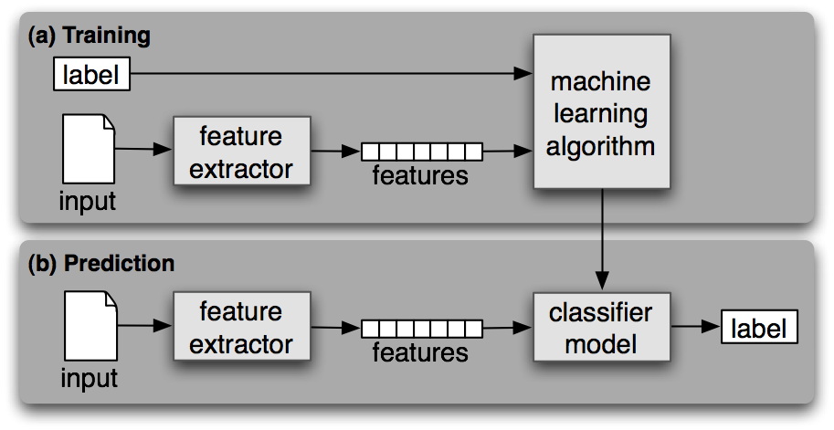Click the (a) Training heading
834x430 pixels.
pos(90,37)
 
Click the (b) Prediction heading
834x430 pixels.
pos(101,264)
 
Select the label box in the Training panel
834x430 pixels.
pos(92,74)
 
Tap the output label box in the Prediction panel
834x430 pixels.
pos(759,328)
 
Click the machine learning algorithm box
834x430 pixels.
pos(600,112)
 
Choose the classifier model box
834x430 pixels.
pos(600,329)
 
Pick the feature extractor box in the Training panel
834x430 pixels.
pos(240,152)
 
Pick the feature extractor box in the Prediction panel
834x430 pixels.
pos(240,329)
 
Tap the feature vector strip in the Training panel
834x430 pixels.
pos(421,152)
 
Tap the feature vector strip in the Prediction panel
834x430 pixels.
pos(421,329)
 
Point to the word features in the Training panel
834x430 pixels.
pos(420,175)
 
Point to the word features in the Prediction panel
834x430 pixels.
pos(420,352)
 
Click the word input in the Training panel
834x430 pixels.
pos(88,201)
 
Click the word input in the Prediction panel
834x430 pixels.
pos(89,376)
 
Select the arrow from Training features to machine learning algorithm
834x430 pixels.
pos(507,151)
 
